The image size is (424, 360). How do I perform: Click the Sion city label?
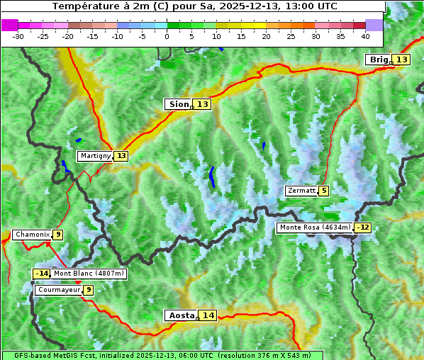point(178,104)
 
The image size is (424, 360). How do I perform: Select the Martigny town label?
point(95,156)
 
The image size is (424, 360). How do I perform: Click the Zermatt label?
point(301,191)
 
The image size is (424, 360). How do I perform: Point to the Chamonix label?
point(32,235)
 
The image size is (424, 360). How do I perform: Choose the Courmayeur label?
point(58,290)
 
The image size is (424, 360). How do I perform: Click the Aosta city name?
point(180,315)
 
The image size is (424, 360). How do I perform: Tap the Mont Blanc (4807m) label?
point(89,274)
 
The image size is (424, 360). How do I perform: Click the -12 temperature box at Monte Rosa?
point(363,227)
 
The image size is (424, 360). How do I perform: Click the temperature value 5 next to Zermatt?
point(324,191)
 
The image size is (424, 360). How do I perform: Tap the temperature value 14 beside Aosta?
point(208,315)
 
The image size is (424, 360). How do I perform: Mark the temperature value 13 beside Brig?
point(401,60)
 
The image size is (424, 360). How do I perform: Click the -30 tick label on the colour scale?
point(18,35)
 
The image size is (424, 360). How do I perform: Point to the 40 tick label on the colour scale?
point(365,35)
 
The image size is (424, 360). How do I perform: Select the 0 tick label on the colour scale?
point(167,35)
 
